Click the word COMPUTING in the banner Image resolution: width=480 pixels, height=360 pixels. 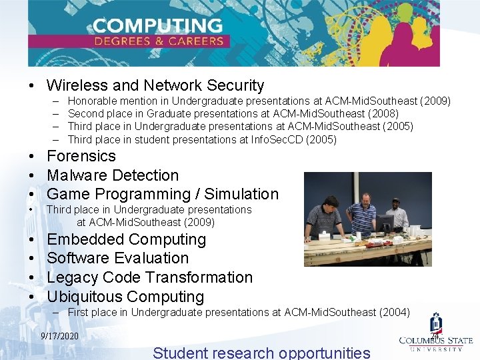click(157, 26)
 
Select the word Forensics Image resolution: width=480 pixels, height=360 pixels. click(81, 156)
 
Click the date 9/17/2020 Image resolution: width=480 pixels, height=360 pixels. click(59, 335)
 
